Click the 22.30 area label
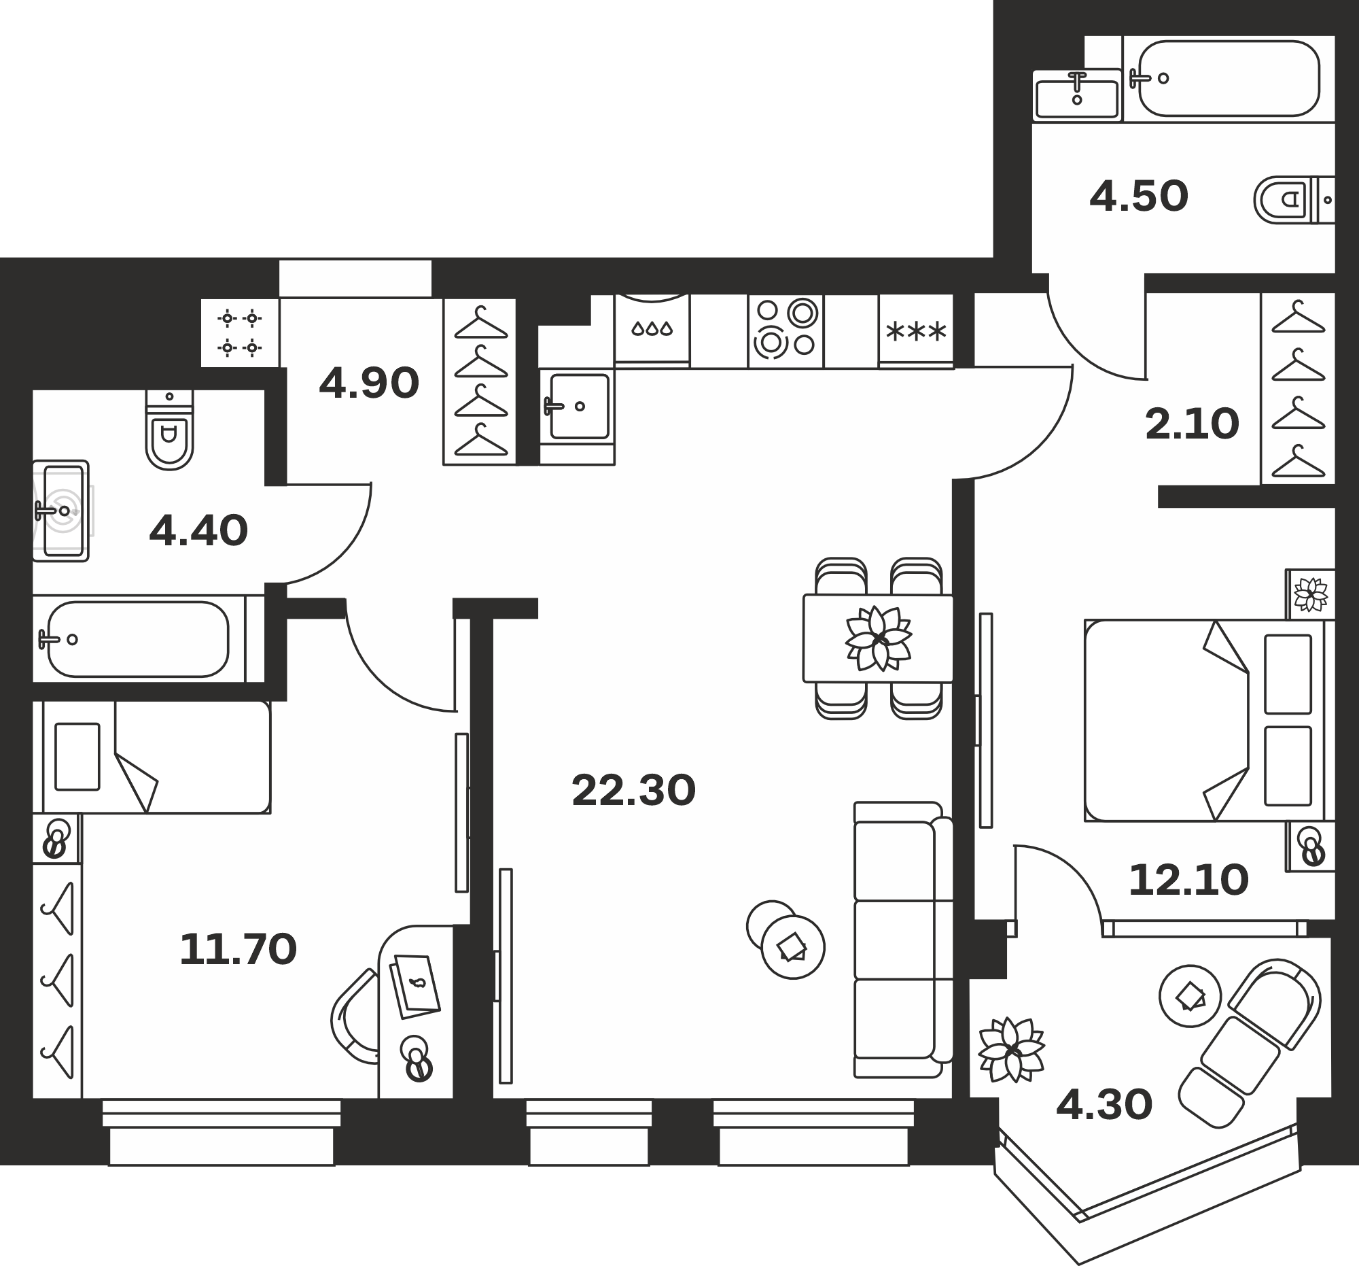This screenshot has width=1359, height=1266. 633,791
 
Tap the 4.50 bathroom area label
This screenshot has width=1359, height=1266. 1139,196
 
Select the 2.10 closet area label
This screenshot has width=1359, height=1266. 1192,424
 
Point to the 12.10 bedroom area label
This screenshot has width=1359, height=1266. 1188,880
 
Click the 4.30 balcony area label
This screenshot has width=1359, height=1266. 1104,1106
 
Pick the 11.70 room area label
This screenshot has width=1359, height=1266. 238,950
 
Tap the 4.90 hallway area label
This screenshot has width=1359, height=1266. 368,383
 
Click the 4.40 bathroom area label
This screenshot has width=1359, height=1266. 198,531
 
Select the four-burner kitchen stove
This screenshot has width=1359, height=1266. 786,332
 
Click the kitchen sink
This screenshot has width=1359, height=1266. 577,407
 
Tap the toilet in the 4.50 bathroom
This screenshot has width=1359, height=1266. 1294,200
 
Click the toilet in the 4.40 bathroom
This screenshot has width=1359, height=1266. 169,430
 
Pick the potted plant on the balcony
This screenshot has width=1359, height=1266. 1011,1050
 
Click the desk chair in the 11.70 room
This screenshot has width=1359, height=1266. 355,1016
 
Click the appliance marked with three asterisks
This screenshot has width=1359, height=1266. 916,332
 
